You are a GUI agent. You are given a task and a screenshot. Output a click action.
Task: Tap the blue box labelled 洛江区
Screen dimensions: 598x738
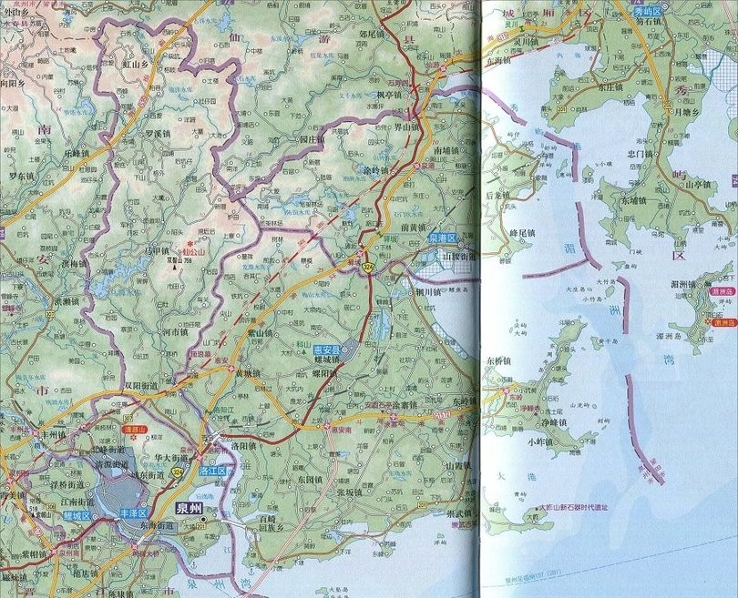click(211, 472)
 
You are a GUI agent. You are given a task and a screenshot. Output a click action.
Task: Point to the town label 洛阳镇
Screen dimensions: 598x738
click(247, 448)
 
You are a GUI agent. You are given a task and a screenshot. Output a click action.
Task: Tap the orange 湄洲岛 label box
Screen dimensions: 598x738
click(723, 322)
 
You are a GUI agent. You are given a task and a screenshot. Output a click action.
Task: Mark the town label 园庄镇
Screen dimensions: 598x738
click(313, 140)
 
